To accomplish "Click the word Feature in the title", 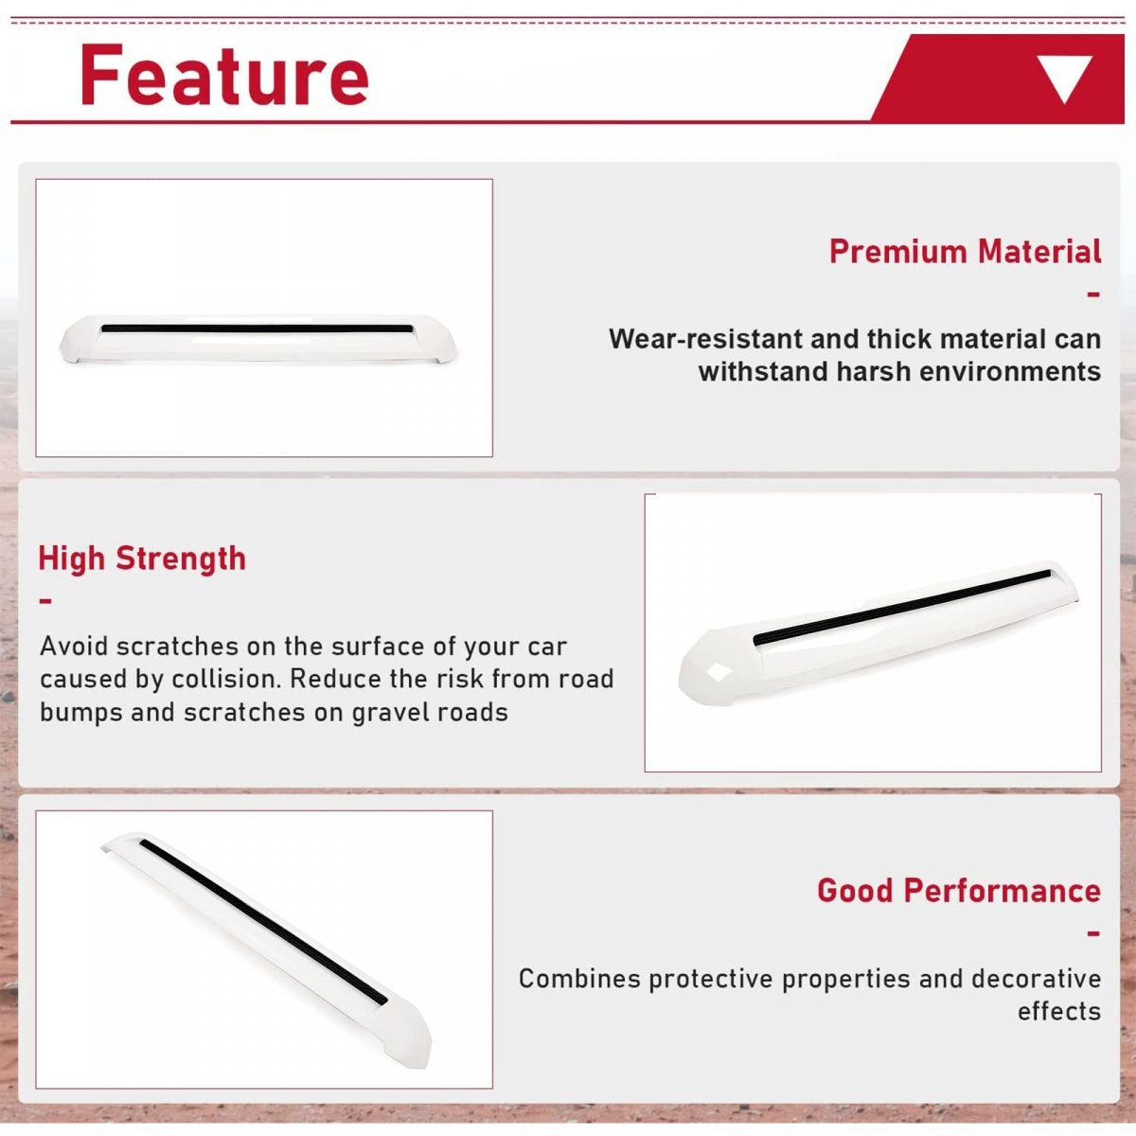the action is point(224,75).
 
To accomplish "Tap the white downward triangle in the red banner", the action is point(1065,79).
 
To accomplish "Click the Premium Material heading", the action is point(965,251).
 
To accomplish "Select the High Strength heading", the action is point(141,558).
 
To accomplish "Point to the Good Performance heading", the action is point(959,890).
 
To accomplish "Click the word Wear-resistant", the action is point(705,339).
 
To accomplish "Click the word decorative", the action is point(1036,979).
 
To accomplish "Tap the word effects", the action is point(1058,1012).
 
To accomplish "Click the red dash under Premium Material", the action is point(1094,293).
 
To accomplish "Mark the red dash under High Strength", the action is point(45,601).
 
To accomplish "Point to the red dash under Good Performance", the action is point(1094,933).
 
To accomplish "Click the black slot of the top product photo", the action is point(257,328).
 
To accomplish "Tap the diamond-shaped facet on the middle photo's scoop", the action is point(719,671).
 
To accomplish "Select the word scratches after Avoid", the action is point(176,647).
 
